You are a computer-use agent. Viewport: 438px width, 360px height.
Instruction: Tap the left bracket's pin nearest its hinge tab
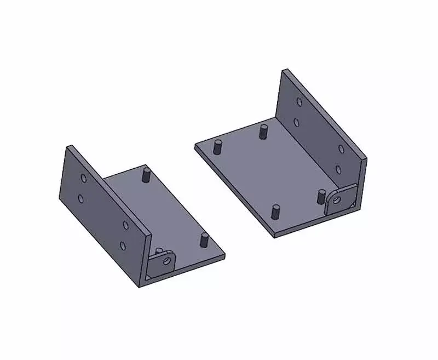tap(204, 239)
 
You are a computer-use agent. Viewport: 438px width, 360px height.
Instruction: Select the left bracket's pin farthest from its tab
tap(146, 175)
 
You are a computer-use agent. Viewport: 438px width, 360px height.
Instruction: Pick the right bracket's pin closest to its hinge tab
tap(321, 196)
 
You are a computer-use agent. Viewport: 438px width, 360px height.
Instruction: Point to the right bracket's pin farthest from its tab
tap(218, 146)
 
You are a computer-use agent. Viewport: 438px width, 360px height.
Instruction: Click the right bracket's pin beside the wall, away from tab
tap(264, 131)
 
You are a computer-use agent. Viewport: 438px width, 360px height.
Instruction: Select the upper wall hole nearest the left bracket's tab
tap(125, 224)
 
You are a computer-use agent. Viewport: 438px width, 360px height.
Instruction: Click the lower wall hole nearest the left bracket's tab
tap(123, 245)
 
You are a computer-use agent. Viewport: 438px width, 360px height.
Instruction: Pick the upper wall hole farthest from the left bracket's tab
tap(83, 179)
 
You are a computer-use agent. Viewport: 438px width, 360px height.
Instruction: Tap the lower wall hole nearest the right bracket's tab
tap(338, 169)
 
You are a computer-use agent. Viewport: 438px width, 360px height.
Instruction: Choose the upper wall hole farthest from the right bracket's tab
tap(298, 102)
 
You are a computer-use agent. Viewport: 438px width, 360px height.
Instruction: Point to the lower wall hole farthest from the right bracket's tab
tap(296, 122)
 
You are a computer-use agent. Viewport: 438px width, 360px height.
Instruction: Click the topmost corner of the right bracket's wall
tap(284, 70)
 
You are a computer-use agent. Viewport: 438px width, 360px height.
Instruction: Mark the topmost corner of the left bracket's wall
tap(69, 146)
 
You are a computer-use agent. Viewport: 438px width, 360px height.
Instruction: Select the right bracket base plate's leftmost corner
tap(195, 146)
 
